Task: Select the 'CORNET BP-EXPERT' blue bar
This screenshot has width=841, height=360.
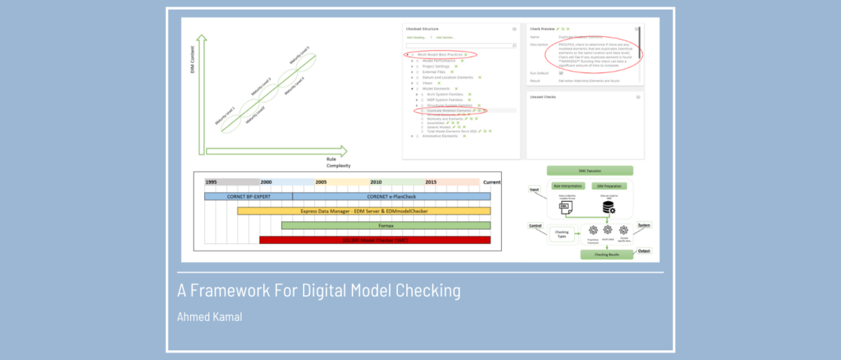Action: click(248, 197)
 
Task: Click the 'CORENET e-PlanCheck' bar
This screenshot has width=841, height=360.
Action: click(391, 197)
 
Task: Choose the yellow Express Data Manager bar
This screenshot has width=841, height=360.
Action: click(363, 211)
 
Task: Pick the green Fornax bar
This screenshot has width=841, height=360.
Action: click(386, 225)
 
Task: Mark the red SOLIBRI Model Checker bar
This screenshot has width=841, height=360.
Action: click(375, 239)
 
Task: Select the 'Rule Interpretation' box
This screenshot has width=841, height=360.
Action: click(567, 185)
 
